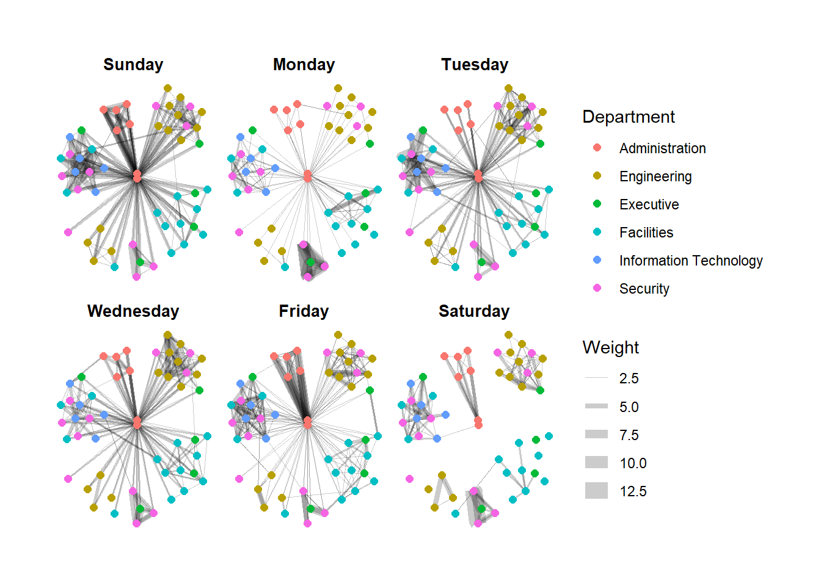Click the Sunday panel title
[x=133, y=65]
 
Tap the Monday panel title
[x=304, y=65]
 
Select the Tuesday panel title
[x=475, y=65]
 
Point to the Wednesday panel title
[x=133, y=311]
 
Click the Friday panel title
[x=304, y=311]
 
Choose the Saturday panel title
[x=474, y=311]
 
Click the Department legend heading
[x=629, y=117]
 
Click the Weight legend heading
[x=610, y=347]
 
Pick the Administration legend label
[x=662, y=148]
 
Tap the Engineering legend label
[x=655, y=176]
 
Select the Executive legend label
[x=649, y=204]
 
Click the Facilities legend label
[x=646, y=233]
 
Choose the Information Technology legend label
[x=690, y=261]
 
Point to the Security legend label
[x=644, y=289]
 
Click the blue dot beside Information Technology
[x=597, y=260]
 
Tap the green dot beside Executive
[x=597, y=204]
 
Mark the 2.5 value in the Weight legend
[x=629, y=378]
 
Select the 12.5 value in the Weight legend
[x=633, y=491]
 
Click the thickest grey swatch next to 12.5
[x=596, y=491]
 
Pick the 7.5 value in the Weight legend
[x=629, y=435]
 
